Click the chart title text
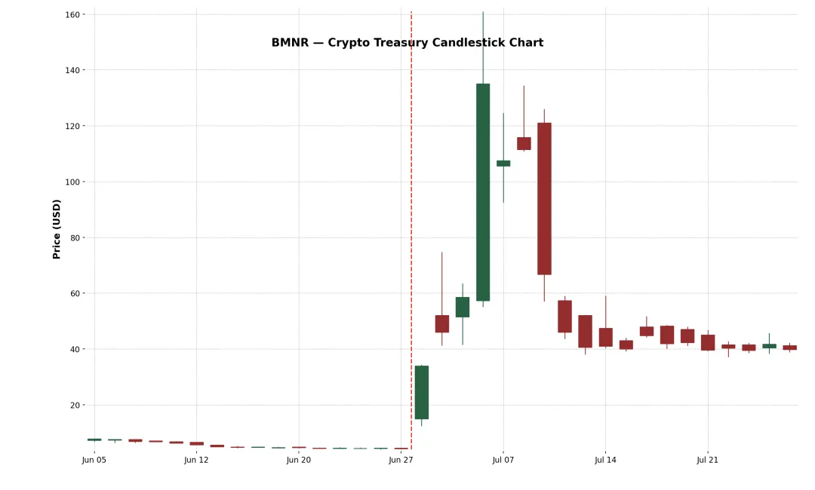click(407, 43)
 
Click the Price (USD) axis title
click(57, 229)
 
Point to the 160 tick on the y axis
click(74, 14)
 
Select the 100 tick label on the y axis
click(74, 182)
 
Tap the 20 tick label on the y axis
click(76, 405)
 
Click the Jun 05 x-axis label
click(94, 459)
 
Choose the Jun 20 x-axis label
click(299, 459)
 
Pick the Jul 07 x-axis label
click(503, 459)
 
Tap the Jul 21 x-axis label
click(708, 459)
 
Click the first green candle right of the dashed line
click(422, 392)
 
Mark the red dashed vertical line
click(411, 226)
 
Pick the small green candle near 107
click(503, 163)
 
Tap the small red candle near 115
click(524, 143)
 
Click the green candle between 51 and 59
click(463, 307)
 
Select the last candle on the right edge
click(789, 348)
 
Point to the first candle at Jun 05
click(94, 439)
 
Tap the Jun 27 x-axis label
click(401, 459)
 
